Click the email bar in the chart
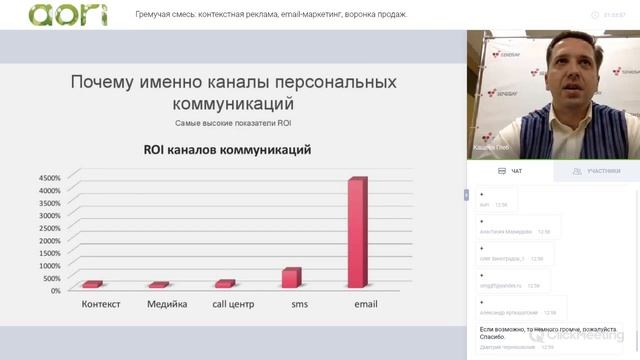pyautogui.click(x=357, y=232)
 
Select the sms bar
pyautogui.click(x=291, y=277)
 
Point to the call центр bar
pyautogui.click(x=225, y=284)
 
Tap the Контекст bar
pyautogui.click(x=93, y=285)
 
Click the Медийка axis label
pyautogui.click(x=167, y=304)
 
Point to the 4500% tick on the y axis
pyautogui.click(x=49, y=178)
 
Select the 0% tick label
pyautogui.click(x=56, y=290)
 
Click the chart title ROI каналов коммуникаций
pyautogui.click(x=226, y=150)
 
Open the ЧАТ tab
pyautogui.click(x=510, y=171)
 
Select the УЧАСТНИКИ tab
pyautogui.click(x=597, y=171)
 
